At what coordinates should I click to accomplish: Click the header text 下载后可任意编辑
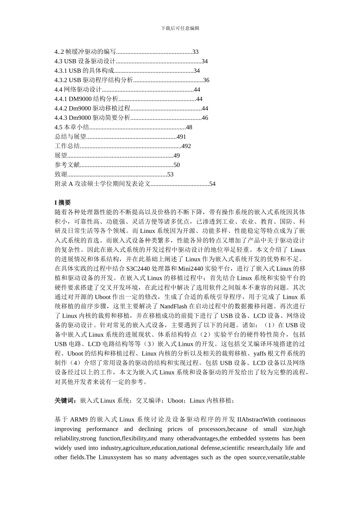click(180, 28)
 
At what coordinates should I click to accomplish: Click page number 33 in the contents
click(196, 52)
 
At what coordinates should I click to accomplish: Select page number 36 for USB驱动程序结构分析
click(206, 80)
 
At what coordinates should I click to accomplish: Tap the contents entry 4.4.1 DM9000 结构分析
click(86, 99)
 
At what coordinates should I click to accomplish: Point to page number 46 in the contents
click(205, 118)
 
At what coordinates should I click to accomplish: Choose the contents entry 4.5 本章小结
click(72, 127)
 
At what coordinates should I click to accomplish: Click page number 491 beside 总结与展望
click(182, 137)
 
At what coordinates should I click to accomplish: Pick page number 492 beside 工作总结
click(186, 146)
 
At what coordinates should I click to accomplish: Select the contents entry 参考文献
click(67, 165)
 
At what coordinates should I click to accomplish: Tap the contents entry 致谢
click(61, 175)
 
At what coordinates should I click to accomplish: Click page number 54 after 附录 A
click(212, 184)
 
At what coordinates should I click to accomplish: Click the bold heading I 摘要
click(63, 203)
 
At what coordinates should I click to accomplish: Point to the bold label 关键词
click(66, 401)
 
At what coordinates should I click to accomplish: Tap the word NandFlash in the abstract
click(175, 306)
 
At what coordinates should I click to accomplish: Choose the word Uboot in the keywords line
click(175, 401)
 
